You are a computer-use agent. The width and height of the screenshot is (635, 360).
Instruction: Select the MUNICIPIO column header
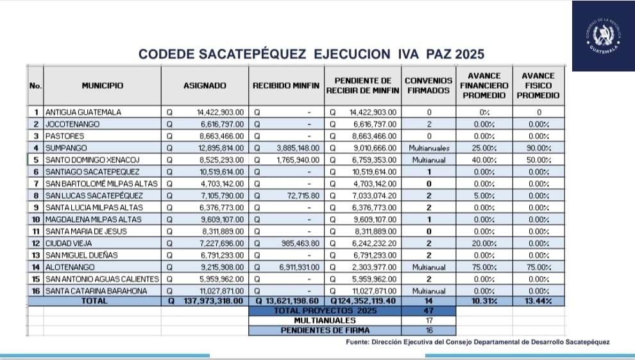coord(102,85)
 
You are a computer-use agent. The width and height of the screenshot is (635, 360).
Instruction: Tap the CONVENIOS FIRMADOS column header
coord(428,85)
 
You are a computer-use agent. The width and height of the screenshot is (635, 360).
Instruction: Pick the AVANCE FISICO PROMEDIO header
coord(538,85)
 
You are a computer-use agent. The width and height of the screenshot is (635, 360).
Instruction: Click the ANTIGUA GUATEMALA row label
coord(83,112)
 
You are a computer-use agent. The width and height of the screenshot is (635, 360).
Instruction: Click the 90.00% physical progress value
coord(538,148)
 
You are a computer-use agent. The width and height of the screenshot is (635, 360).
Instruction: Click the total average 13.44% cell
coord(538,300)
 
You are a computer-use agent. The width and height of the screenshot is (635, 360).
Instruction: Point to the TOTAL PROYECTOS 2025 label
coord(324,311)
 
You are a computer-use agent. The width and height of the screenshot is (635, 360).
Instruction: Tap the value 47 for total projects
coord(428,311)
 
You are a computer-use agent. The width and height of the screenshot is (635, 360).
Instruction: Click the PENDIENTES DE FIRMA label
coord(324,330)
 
